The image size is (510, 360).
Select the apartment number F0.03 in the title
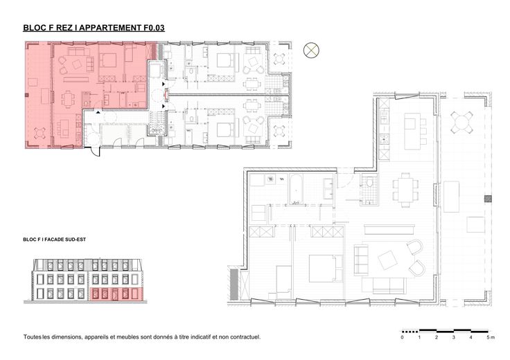click(154, 28)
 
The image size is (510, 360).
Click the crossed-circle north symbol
click(311, 51)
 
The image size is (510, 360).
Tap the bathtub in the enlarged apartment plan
click(296, 190)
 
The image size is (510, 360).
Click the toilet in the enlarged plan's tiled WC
click(370, 182)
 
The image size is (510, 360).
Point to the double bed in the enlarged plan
click(326, 268)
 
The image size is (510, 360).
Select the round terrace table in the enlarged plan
click(461, 123)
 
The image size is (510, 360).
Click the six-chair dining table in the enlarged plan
click(405, 190)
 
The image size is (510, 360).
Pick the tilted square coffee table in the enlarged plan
click(387, 260)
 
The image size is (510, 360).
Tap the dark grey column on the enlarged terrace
click(488, 199)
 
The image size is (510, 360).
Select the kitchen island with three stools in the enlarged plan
click(415, 131)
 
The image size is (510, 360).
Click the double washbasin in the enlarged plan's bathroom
click(328, 189)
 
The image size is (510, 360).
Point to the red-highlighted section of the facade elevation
click(116, 294)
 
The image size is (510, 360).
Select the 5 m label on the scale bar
click(490, 338)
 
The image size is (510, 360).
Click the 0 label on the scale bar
click(403, 338)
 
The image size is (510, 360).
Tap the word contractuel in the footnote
click(245, 337)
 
